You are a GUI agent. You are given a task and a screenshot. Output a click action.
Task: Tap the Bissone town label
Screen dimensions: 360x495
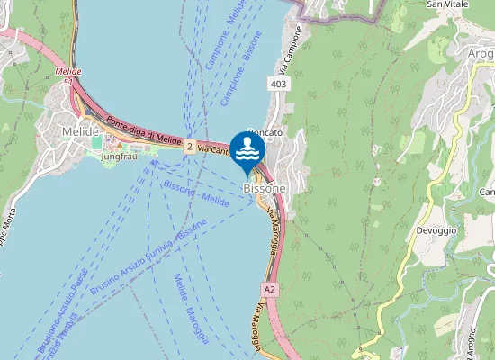[x=264, y=188]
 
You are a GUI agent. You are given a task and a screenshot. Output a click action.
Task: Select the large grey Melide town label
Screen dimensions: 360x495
[x=79, y=131]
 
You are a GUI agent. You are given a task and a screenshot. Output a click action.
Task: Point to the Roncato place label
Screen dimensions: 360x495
[x=265, y=133]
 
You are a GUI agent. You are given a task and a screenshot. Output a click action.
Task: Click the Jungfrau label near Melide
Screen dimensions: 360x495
[x=120, y=157]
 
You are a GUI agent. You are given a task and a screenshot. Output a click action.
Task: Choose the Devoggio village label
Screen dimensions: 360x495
[x=436, y=230]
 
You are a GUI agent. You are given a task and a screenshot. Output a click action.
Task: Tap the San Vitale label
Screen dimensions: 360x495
[x=445, y=4]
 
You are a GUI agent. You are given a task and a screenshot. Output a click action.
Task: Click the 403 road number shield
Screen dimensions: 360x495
[x=278, y=84]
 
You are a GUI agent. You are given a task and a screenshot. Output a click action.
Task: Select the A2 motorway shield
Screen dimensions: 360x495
[x=269, y=289]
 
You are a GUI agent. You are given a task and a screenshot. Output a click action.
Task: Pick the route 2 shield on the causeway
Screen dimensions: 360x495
[x=190, y=146]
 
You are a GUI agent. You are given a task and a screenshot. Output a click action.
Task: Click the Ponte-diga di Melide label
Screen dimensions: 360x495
[x=143, y=130]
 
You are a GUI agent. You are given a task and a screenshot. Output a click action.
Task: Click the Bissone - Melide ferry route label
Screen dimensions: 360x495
[x=196, y=192]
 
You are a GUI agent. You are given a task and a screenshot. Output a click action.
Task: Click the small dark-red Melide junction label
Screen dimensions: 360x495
[x=67, y=71]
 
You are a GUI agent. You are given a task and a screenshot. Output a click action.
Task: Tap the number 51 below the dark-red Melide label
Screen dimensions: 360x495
[x=68, y=81]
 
